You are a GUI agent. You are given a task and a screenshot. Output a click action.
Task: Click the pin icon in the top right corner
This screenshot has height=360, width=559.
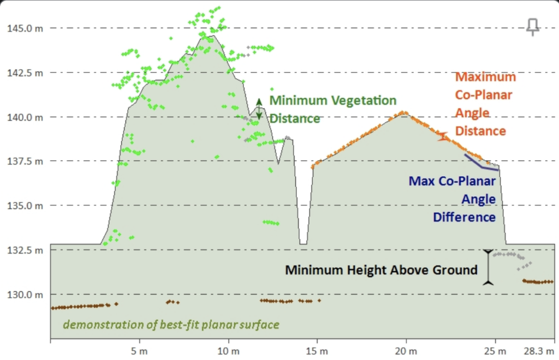[533, 27]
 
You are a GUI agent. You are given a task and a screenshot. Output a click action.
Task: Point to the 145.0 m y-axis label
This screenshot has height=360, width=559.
[25, 28]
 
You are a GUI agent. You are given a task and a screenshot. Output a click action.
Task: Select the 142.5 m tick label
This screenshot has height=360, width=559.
[25, 73]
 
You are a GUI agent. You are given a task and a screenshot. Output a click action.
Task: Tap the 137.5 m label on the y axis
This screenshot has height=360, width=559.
[25, 161]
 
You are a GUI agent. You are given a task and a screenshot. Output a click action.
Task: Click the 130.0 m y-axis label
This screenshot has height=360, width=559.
[25, 295]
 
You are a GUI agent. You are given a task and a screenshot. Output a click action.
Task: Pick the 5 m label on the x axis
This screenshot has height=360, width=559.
[139, 351]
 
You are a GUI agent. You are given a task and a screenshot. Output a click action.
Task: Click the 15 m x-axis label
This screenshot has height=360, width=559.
[317, 351]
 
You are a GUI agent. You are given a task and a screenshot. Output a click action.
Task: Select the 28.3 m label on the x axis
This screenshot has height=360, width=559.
[539, 351]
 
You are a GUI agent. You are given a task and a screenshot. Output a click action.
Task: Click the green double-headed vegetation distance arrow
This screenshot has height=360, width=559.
[259, 109]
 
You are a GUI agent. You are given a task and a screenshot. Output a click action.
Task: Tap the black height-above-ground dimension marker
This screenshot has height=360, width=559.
[488, 267]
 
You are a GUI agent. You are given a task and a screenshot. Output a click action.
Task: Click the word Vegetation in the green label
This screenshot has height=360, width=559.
[366, 101]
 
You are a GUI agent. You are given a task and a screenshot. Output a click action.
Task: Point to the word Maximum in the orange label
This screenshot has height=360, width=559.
[485, 77]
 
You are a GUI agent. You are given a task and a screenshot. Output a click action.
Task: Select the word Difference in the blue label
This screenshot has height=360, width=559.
[464, 217]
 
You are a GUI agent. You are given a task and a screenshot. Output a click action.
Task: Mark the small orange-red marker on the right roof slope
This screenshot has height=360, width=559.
[443, 137]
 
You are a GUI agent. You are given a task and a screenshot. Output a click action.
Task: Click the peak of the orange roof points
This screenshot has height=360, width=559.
[403, 112]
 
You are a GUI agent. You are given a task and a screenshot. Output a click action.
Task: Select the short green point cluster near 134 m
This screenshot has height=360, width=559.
[271, 223]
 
